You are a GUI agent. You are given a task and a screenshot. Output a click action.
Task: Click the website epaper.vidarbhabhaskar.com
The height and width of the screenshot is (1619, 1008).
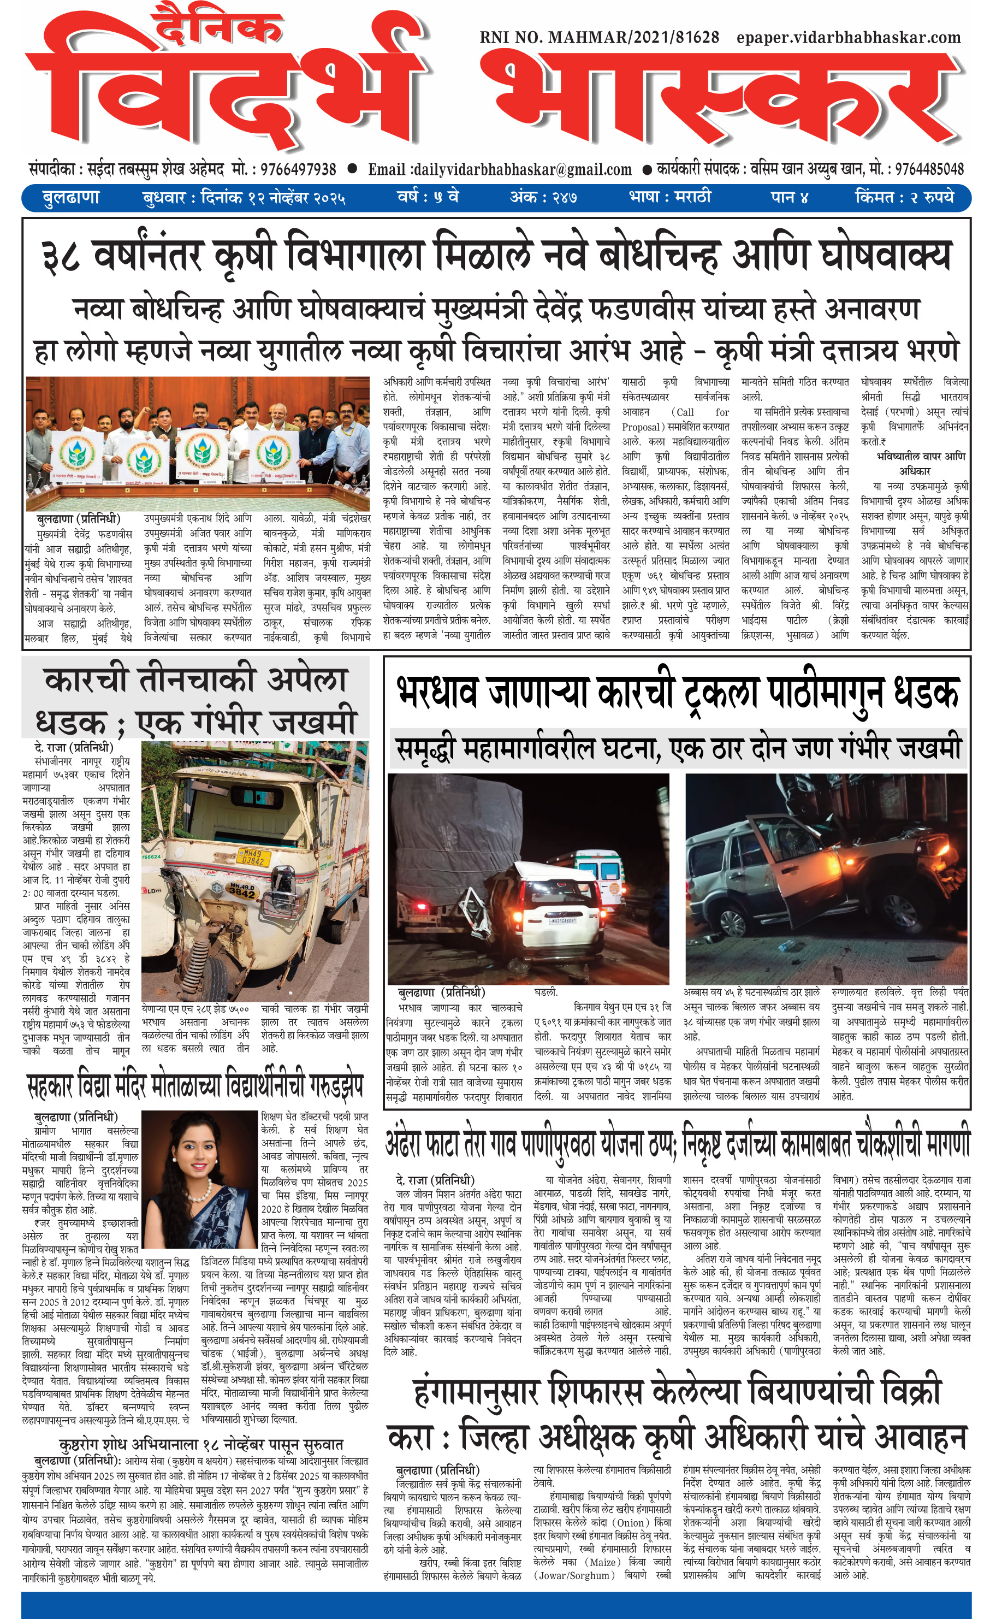coord(849,38)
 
